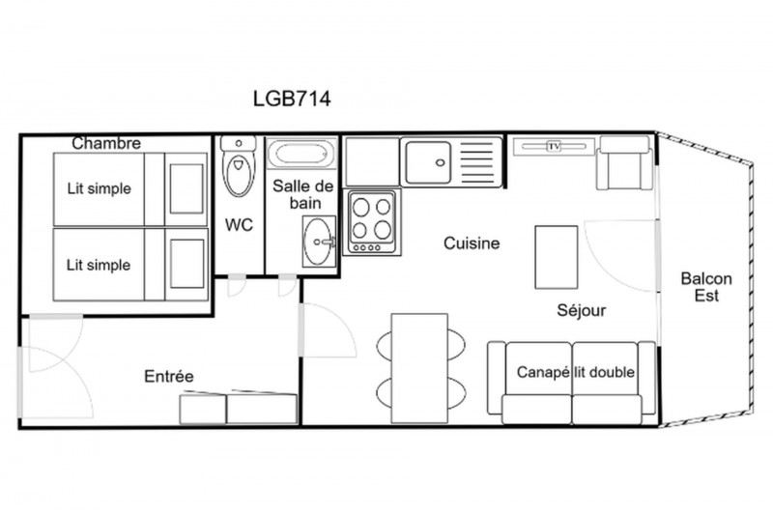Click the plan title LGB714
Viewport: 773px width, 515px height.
(292, 99)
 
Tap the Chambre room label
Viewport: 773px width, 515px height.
(106, 143)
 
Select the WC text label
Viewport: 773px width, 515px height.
(239, 225)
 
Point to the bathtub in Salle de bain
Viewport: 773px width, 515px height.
(301, 154)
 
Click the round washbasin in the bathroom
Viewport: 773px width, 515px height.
(319, 242)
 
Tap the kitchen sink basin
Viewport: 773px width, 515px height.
(428, 162)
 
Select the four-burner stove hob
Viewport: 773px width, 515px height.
(372, 223)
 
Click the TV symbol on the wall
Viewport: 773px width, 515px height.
(554, 146)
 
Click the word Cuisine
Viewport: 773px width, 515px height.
(472, 243)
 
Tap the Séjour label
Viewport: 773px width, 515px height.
(582, 310)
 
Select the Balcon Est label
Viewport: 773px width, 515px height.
(706, 287)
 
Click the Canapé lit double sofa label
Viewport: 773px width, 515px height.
(575, 372)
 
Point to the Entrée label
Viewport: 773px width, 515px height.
(168, 377)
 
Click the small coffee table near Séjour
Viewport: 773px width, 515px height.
(557, 257)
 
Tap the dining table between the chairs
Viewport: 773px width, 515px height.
(419, 368)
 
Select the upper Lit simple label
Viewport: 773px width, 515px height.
(100, 188)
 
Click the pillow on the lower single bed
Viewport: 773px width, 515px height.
(186, 264)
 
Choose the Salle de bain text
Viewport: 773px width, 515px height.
(303, 194)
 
